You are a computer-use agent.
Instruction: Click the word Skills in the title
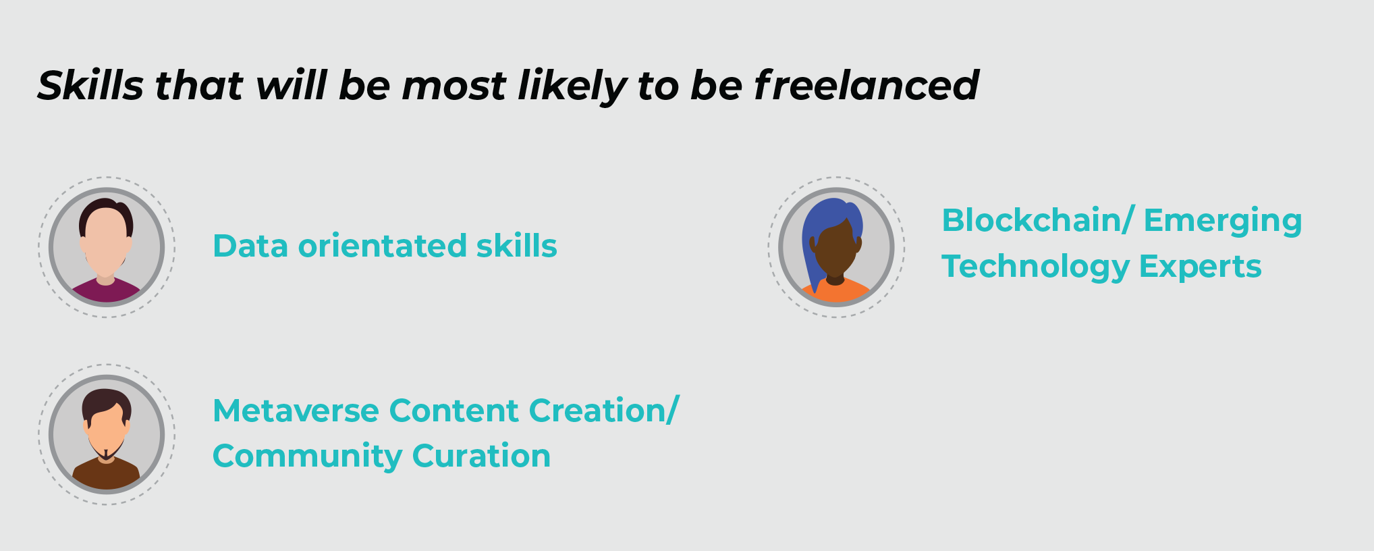[90, 85]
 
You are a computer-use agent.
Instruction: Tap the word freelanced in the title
[866, 85]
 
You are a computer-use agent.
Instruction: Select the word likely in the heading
[572, 86]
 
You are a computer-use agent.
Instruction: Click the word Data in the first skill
[250, 246]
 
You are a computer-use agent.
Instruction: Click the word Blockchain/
[1038, 220]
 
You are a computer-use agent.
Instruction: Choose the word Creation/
[604, 411]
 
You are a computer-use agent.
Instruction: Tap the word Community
[307, 456]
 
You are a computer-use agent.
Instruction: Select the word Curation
[481, 456]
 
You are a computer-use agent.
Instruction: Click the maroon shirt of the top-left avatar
[106, 292]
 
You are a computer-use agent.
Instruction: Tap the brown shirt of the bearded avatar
[106, 474]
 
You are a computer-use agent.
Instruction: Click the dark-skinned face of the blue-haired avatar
[836, 248]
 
